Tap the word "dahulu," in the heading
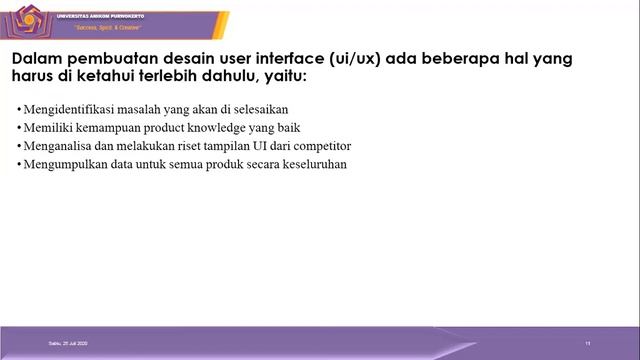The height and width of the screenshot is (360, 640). point(230,77)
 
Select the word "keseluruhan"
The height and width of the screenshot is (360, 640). point(312,164)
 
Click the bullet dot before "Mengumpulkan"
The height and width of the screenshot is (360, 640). point(20,165)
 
